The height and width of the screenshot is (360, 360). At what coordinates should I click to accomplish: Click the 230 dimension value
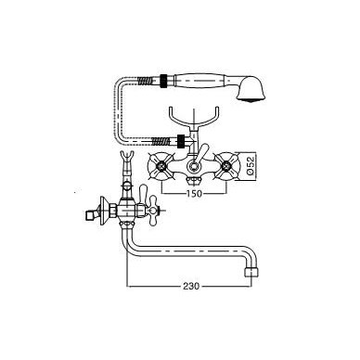(x=190, y=286)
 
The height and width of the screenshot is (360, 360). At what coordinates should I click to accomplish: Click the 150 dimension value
(x=194, y=193)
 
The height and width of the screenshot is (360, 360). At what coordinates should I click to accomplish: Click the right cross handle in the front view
(x=227, y=167)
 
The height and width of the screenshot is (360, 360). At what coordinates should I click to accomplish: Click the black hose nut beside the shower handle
(x=164, y=80)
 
